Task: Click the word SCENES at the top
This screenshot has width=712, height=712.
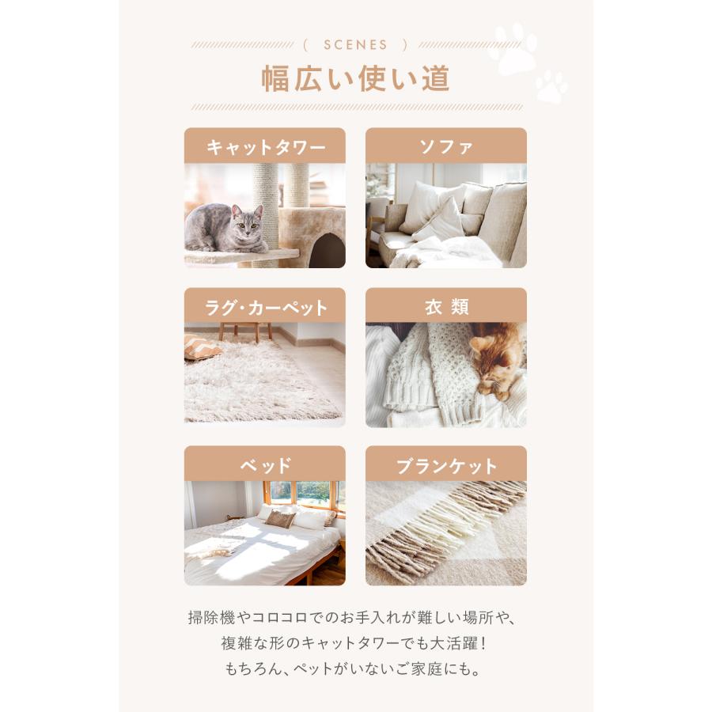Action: point(356,45)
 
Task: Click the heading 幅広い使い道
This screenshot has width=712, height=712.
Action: point(356,79)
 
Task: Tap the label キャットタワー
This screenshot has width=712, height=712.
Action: point(265,147)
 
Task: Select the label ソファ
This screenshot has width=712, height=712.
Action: point(446,147)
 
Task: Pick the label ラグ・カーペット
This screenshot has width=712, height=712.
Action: point(265,307)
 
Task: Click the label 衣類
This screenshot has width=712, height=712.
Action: point(446,307)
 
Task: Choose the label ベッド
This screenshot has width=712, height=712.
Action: point(265,465)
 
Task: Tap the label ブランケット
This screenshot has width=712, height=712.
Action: point(446,465)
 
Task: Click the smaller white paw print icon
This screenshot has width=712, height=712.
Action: point(551,86)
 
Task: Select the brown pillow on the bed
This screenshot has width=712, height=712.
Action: point(279,518)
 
